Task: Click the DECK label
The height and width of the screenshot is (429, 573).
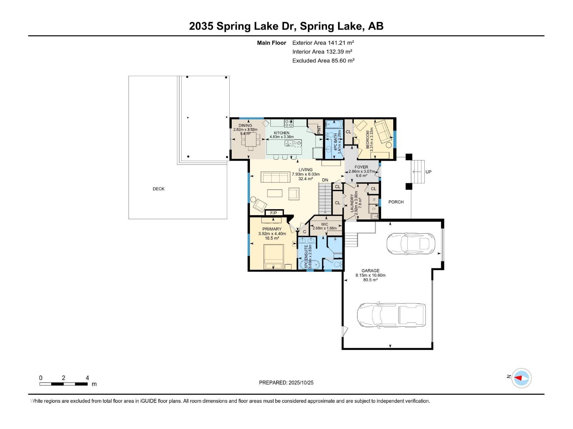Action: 158,189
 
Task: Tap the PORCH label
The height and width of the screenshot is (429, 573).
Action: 396,202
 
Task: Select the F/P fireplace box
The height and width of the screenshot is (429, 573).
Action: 274,213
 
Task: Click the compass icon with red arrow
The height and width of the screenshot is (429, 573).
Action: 521,378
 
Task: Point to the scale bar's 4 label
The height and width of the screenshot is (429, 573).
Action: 87,378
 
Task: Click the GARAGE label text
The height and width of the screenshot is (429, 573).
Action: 370,271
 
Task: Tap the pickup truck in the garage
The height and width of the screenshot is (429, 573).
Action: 391,315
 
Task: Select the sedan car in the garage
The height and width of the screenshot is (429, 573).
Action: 410,244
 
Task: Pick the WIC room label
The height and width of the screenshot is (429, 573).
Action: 324,225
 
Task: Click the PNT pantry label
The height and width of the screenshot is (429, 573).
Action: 319,130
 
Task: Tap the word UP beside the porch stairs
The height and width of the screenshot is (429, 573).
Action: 428,172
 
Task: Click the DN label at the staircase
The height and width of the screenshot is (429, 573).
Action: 325,180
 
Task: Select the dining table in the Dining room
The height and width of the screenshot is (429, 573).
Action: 251,140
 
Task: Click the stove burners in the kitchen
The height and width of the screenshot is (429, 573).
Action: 289,123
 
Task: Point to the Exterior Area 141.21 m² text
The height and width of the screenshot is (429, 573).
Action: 323,43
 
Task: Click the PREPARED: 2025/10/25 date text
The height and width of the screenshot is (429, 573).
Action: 286,383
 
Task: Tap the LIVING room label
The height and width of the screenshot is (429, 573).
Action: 305,170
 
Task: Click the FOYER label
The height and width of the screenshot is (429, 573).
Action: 361,167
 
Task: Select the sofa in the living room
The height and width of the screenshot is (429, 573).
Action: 275,177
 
